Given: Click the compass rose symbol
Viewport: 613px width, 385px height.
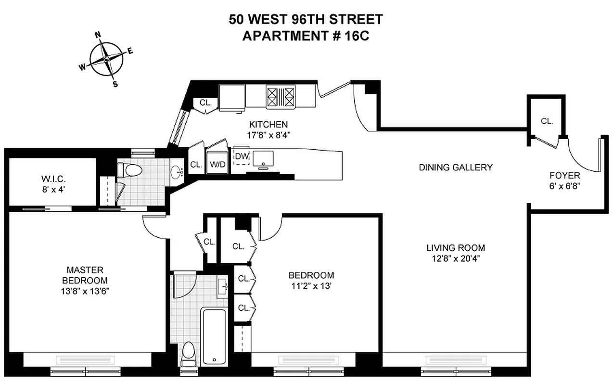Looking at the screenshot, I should point(106,59).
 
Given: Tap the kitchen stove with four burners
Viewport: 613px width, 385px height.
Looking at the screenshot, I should point(280,96).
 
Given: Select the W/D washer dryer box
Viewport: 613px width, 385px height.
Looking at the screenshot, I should point(216,164).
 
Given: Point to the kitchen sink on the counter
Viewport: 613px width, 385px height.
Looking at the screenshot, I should point(263,158).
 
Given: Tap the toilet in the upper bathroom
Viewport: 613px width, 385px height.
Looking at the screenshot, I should point(130,170).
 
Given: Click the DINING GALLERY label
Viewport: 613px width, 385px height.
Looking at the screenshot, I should point(456,167).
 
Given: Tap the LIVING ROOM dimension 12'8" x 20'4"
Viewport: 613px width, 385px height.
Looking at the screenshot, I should point(456,258).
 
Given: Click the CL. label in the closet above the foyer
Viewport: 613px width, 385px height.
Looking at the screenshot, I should point(547,121).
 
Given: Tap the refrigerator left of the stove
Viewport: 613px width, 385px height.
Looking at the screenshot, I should point(232,96).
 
